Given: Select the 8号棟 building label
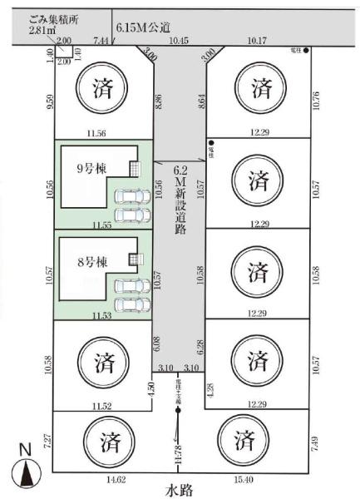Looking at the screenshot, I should point(91,262).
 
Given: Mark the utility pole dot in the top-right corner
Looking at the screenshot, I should point(307,52).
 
